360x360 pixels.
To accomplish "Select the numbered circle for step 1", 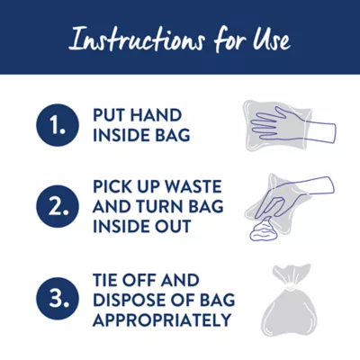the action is point(58,126).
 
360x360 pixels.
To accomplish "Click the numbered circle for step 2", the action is point(58,206).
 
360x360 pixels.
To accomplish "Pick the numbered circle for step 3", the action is point(58,299).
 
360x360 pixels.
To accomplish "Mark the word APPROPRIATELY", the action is point(162,319).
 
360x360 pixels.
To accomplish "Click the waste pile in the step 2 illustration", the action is point(262,230).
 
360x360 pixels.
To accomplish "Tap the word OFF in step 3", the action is point(142,280).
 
